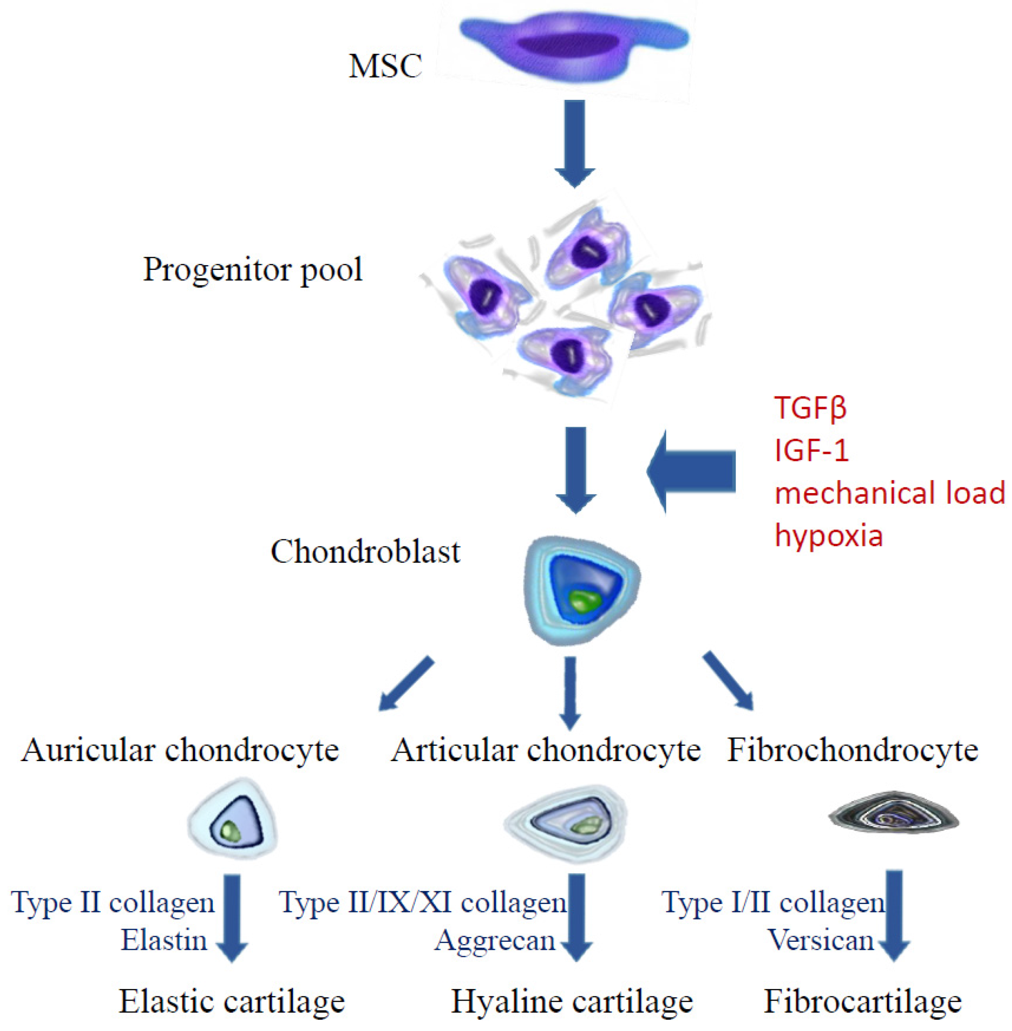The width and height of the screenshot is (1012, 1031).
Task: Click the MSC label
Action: pos(386,66)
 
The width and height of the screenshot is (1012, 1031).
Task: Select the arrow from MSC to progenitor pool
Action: pos(575,143)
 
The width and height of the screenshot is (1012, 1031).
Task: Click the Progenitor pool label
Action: pos(253,270)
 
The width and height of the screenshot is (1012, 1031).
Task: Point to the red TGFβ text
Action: pos(810,407)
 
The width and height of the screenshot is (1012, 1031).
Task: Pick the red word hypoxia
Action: pos(829,536)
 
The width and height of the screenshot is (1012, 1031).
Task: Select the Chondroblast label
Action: pos(365,551)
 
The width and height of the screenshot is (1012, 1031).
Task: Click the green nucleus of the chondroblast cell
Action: pos(585,601)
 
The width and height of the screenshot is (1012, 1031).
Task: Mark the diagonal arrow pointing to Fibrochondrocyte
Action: pos(728,681)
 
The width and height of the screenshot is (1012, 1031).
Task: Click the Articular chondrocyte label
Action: pos(546,752)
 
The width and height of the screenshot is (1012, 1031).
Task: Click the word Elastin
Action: pos(164,940)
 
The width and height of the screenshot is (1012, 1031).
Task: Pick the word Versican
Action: pos(821,940)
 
